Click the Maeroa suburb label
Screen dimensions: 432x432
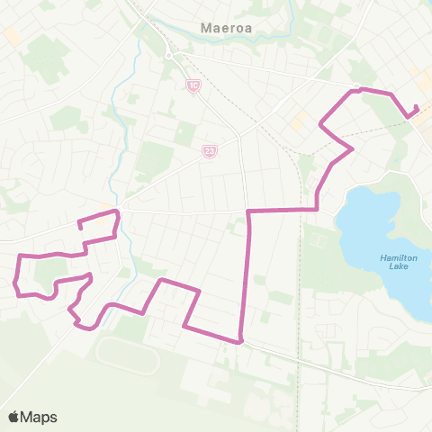[220, 28]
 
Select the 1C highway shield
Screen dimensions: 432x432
[193, 85]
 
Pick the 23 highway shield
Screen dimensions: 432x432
[210, 152]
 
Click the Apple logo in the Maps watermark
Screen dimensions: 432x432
[14, 417]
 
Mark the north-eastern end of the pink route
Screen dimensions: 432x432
[417, 109]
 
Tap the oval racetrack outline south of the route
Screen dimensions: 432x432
[127, 354]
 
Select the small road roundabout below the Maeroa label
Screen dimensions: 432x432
[168, 55]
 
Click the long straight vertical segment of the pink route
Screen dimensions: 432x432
[247, 270]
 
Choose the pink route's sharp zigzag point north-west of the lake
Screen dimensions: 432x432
[352, 148]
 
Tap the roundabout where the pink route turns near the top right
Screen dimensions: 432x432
[356, 88]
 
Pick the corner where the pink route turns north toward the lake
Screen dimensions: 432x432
[317, 209]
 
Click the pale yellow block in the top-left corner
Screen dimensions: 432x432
[12, 35]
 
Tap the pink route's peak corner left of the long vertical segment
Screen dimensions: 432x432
[161, 281]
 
